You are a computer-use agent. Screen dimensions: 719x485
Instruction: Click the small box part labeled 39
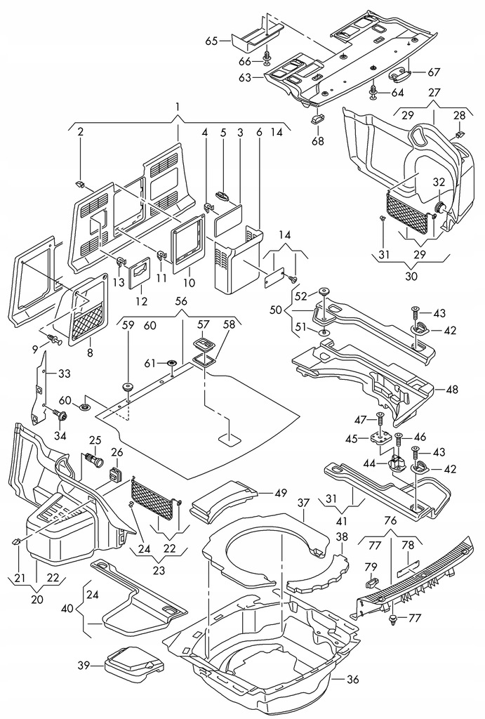131,661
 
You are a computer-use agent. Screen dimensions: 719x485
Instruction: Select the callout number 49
280,492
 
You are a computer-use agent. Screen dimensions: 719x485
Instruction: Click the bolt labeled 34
61,416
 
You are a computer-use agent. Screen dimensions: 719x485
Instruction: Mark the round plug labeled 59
128,385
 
